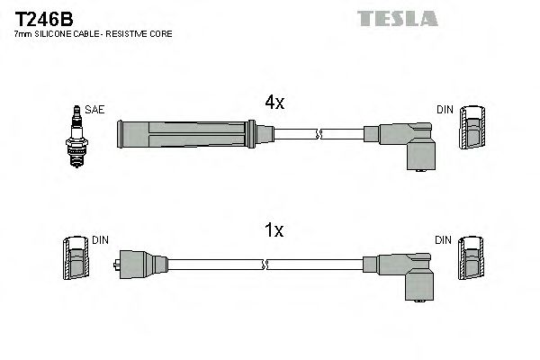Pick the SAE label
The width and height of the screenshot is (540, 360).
pyautogui.click(x=96, y=110)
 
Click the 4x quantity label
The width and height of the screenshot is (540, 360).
pyautogui.click(x=274, y=103)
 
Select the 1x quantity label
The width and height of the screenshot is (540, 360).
pyautogui.click(x=274, y=231)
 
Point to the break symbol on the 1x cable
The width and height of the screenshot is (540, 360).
pyautogui.click(x=266, y=265)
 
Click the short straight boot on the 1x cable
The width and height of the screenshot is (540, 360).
pyautogui.click(x=139, y=265)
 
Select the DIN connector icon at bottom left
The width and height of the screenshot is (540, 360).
pyautogui.click(x=76, y=261)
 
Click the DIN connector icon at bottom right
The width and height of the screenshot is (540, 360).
pyautogui.click(x=472, y=261)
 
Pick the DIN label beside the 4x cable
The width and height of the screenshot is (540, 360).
pyautogui.click(x=445, y=110)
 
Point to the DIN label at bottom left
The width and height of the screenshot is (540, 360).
pyautogui.click(x=100, y=240)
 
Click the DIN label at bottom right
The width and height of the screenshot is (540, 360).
pyautogui.click(x=443, y=240)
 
